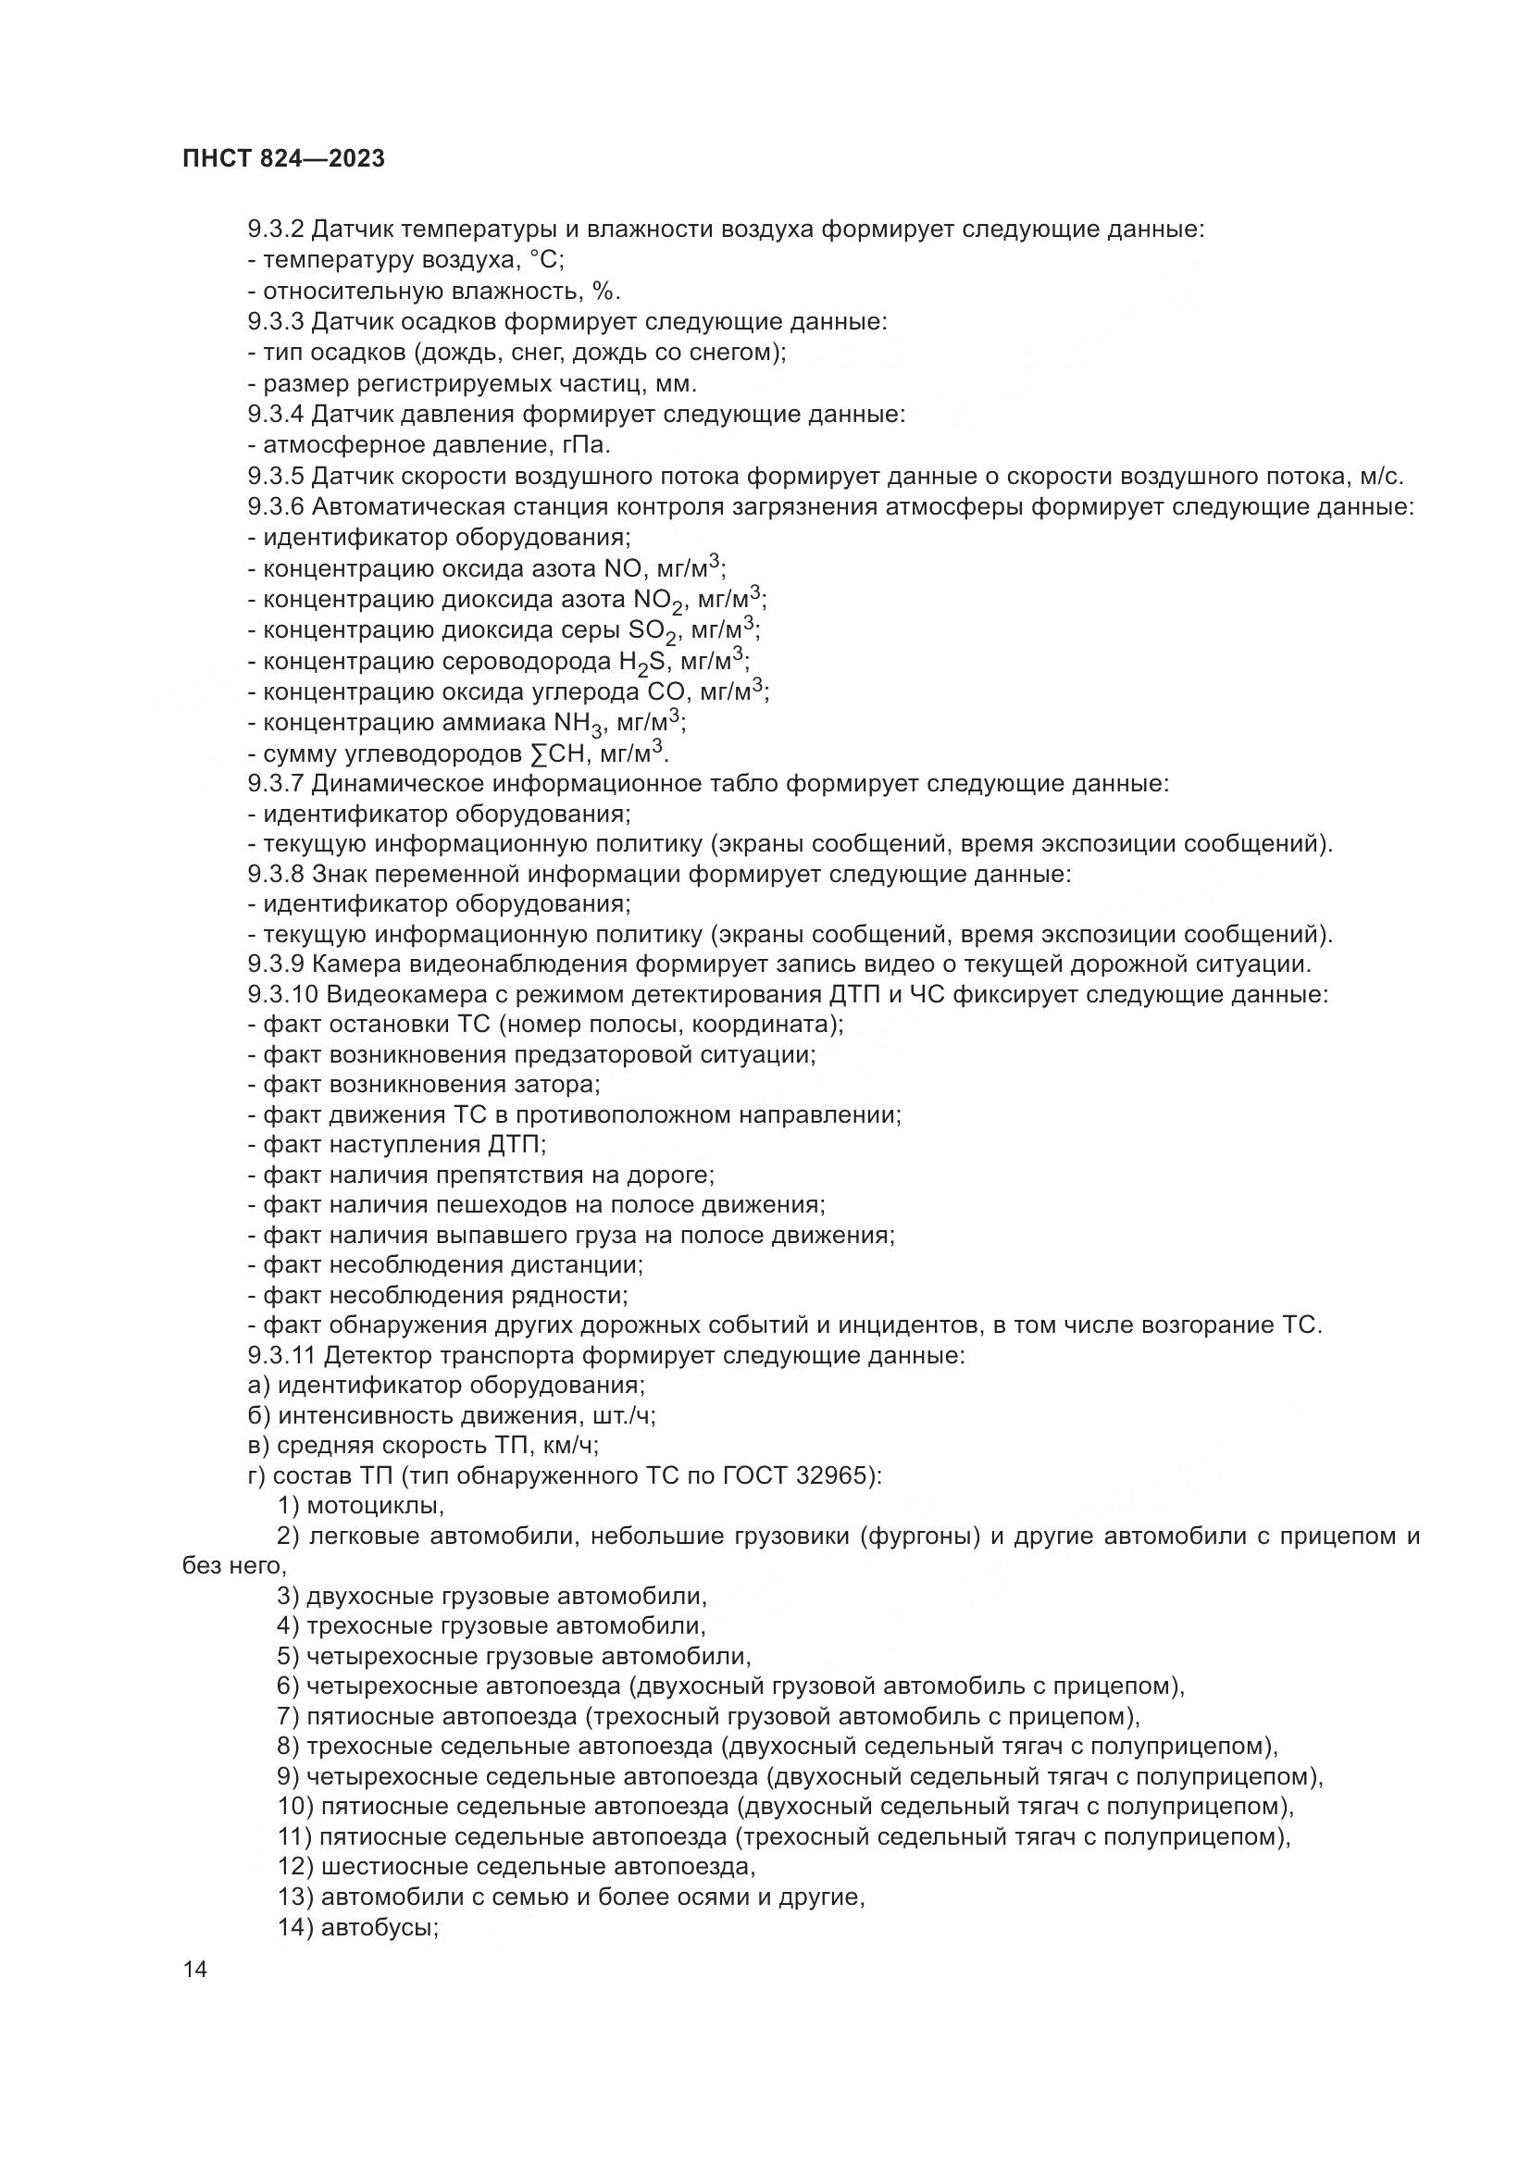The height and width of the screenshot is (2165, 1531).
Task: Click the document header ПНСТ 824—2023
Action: pyautogui.click(x=284, y=158)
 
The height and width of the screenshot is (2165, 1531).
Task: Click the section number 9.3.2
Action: pyautogui.click(x=275, y=230)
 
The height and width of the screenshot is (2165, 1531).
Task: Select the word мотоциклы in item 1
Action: pyautogui.click(x=375, y=1506)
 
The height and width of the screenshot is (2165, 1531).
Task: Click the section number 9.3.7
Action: pyautogui.click(x=275, y=784)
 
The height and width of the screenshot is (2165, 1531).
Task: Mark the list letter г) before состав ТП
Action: pyautogui.click(x=256, y=1475)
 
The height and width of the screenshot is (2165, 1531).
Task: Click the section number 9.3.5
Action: pyautogui.click(x=275, y=476)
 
